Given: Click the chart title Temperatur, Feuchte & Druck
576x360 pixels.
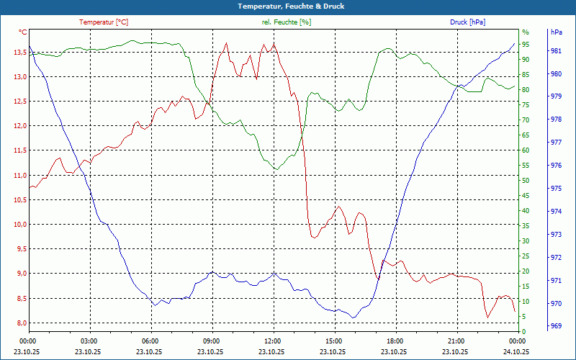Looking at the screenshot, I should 287,6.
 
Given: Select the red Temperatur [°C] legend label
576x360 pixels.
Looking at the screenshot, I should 104,22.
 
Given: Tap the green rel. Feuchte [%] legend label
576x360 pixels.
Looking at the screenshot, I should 287,22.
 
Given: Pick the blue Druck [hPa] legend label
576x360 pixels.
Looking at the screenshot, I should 467,22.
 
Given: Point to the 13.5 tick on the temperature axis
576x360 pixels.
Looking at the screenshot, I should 17,52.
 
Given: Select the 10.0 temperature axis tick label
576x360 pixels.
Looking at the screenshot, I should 17,224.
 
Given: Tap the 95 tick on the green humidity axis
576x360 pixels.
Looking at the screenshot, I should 526,45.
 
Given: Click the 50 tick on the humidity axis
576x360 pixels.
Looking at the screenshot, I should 526,181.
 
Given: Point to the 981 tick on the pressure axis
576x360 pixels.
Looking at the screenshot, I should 556,51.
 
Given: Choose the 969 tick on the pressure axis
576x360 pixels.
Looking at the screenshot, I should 556,326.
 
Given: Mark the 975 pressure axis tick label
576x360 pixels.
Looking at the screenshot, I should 556,189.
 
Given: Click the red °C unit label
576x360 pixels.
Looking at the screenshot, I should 22,32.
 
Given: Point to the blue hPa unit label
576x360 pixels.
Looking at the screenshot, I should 556,32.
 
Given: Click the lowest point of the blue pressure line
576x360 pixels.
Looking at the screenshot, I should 353,318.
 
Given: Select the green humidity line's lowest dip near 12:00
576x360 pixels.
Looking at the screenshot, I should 276,169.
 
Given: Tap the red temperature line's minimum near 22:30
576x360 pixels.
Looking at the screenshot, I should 488,317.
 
